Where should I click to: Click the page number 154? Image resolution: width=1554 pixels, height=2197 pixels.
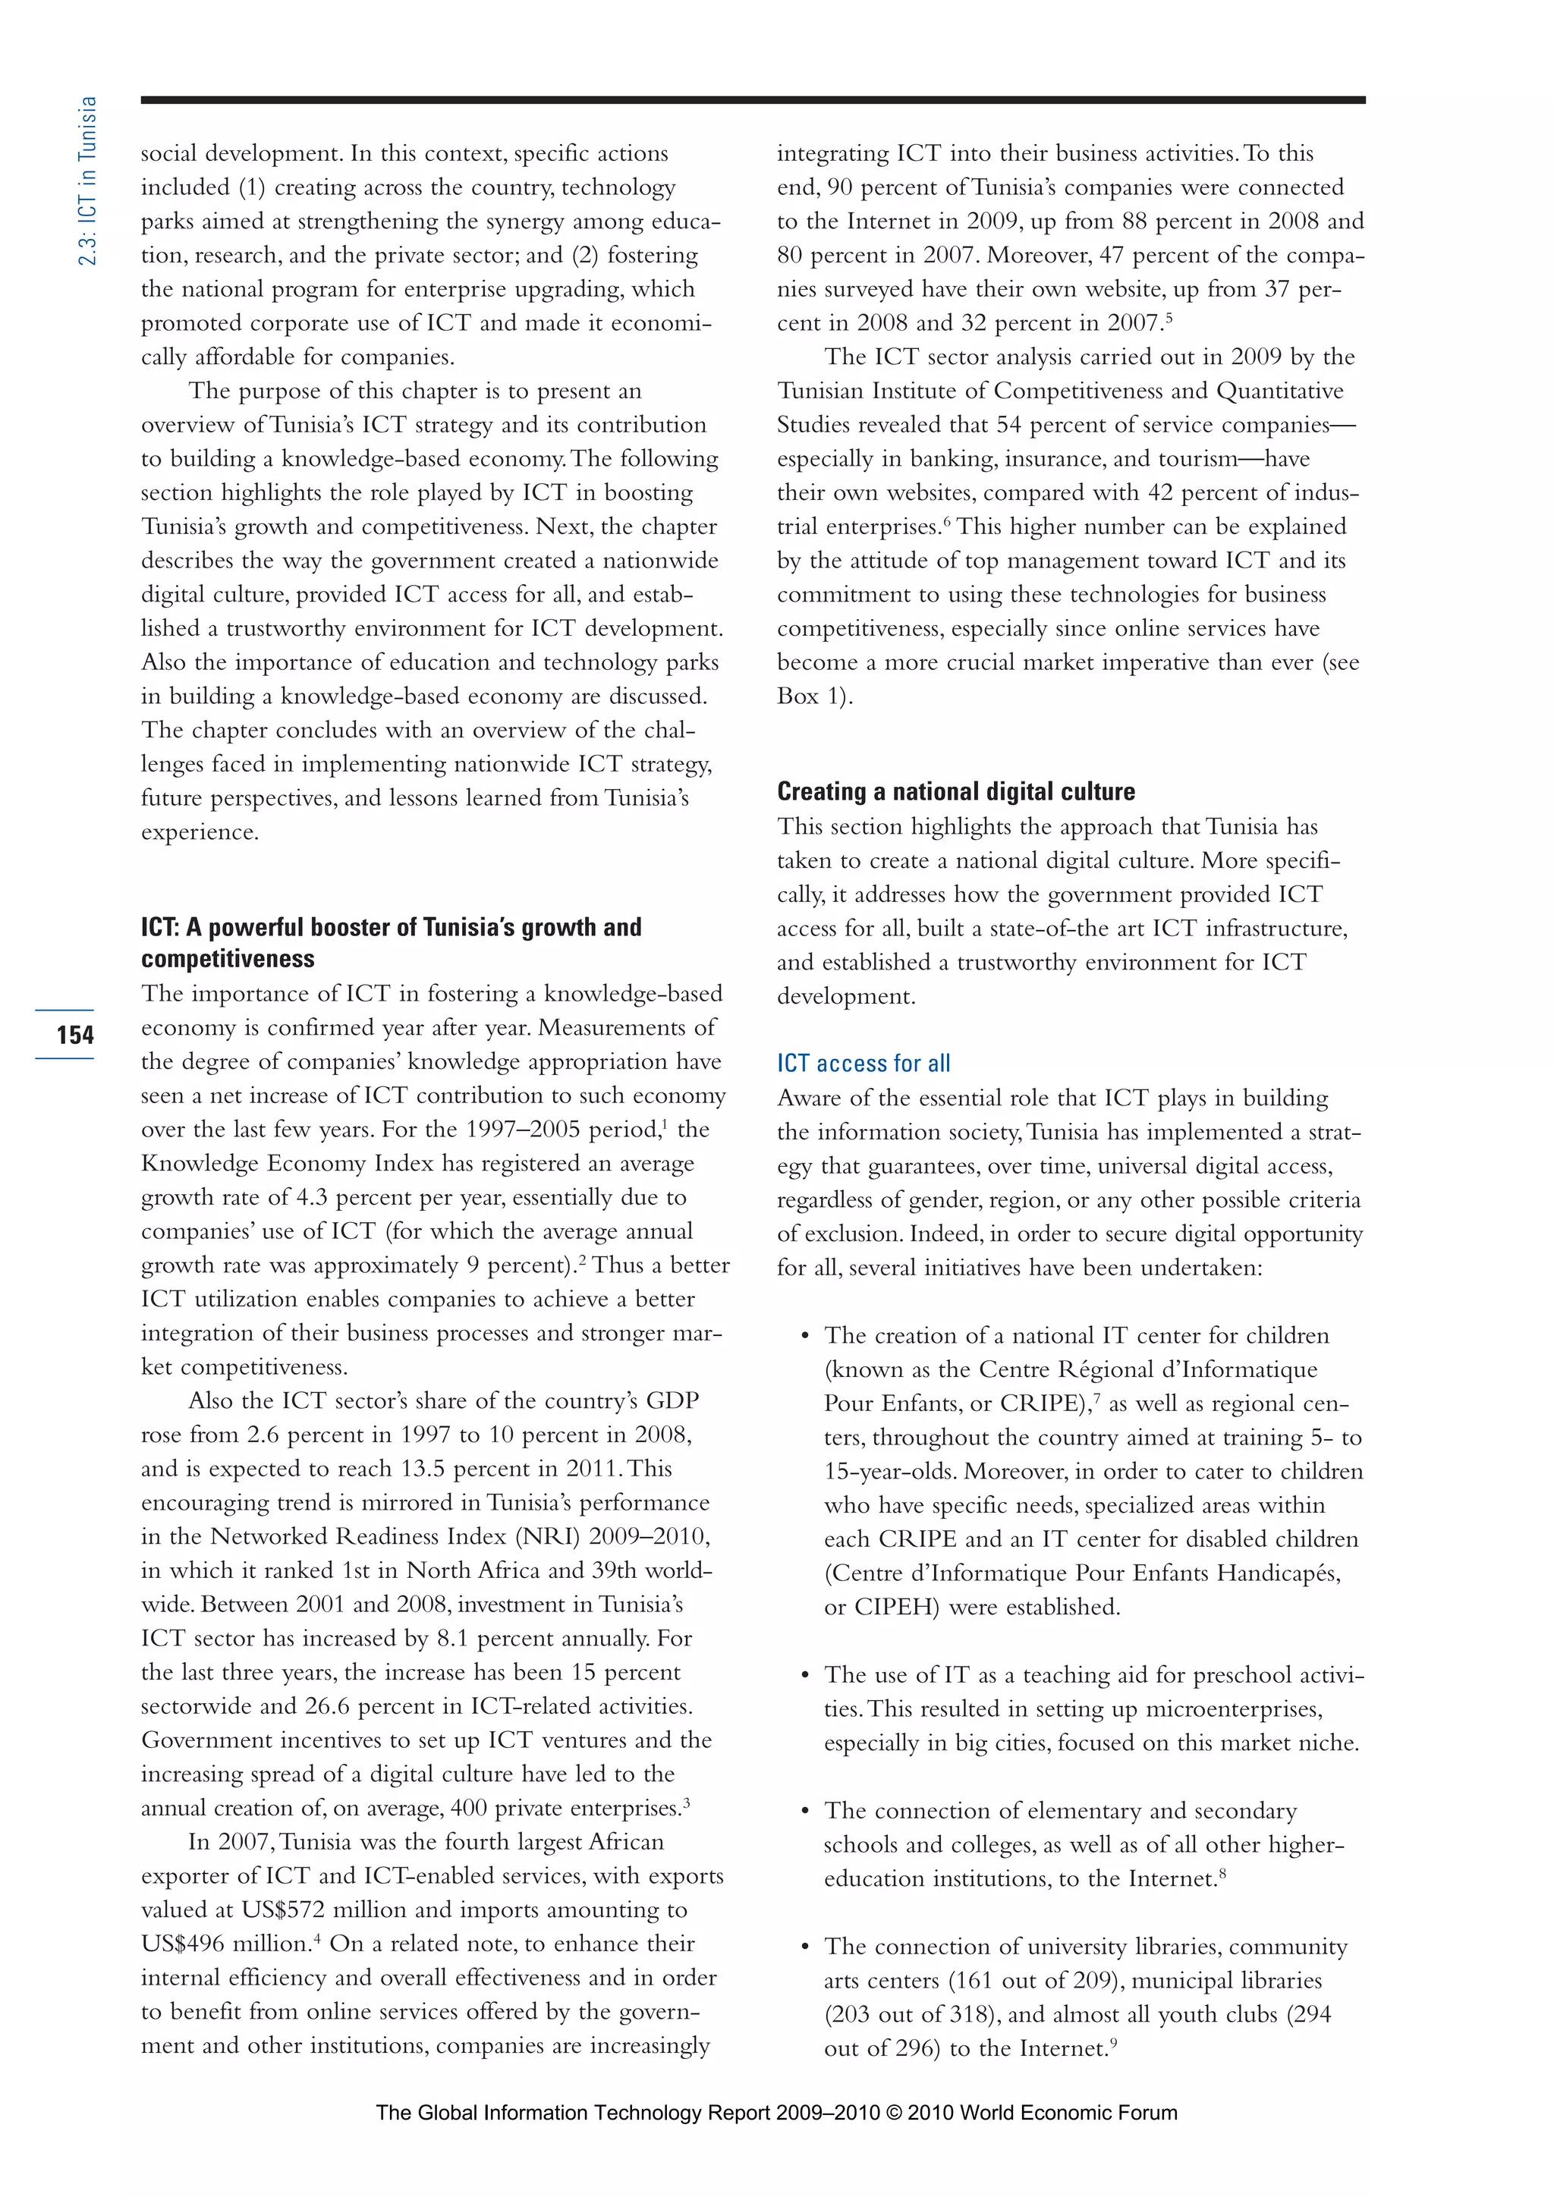click(74, 1034)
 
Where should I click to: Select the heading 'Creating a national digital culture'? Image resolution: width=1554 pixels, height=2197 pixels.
click(955, 791)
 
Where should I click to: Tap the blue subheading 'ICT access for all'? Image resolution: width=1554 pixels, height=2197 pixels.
click(863, 1063)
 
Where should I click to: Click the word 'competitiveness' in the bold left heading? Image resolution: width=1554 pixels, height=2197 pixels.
click(228, 959)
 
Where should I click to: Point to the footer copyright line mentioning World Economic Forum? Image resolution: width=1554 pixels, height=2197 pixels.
click(776, 2113)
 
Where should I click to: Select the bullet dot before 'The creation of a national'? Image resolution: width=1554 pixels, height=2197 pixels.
click(805, 1336)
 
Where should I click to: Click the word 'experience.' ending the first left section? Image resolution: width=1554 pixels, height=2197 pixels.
click(199, 832)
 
